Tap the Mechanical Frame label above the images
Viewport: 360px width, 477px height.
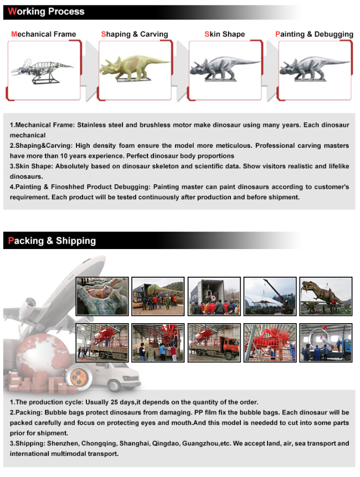pyautogui.click(x=44, y=34)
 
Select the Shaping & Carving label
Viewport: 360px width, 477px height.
pyautogui.click(x=135, y=34)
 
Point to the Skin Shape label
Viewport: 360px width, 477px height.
pyautogui.click(x=224, y=34)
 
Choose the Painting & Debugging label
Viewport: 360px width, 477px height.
pyautogui.click(x=314, y=34)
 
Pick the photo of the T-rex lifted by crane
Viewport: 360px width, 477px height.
pyautogui.click(x=326, y=296)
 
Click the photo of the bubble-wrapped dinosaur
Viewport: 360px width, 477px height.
pyautogui.click(x=102, y=296)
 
